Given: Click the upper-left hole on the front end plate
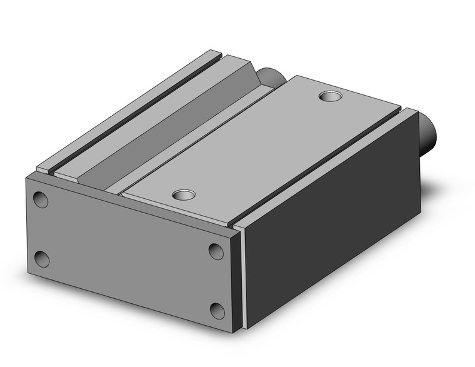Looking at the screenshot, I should click(x=40, y=200).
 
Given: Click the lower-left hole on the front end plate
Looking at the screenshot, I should click(x=41, y=258).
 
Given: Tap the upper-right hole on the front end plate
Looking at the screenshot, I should click(x=216, y=251).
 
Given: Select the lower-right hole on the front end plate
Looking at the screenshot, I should click(x=217, y=309).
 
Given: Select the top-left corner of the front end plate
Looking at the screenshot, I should click(x=27, y=177).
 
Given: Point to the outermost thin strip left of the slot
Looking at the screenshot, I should click(x=119, y=106).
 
